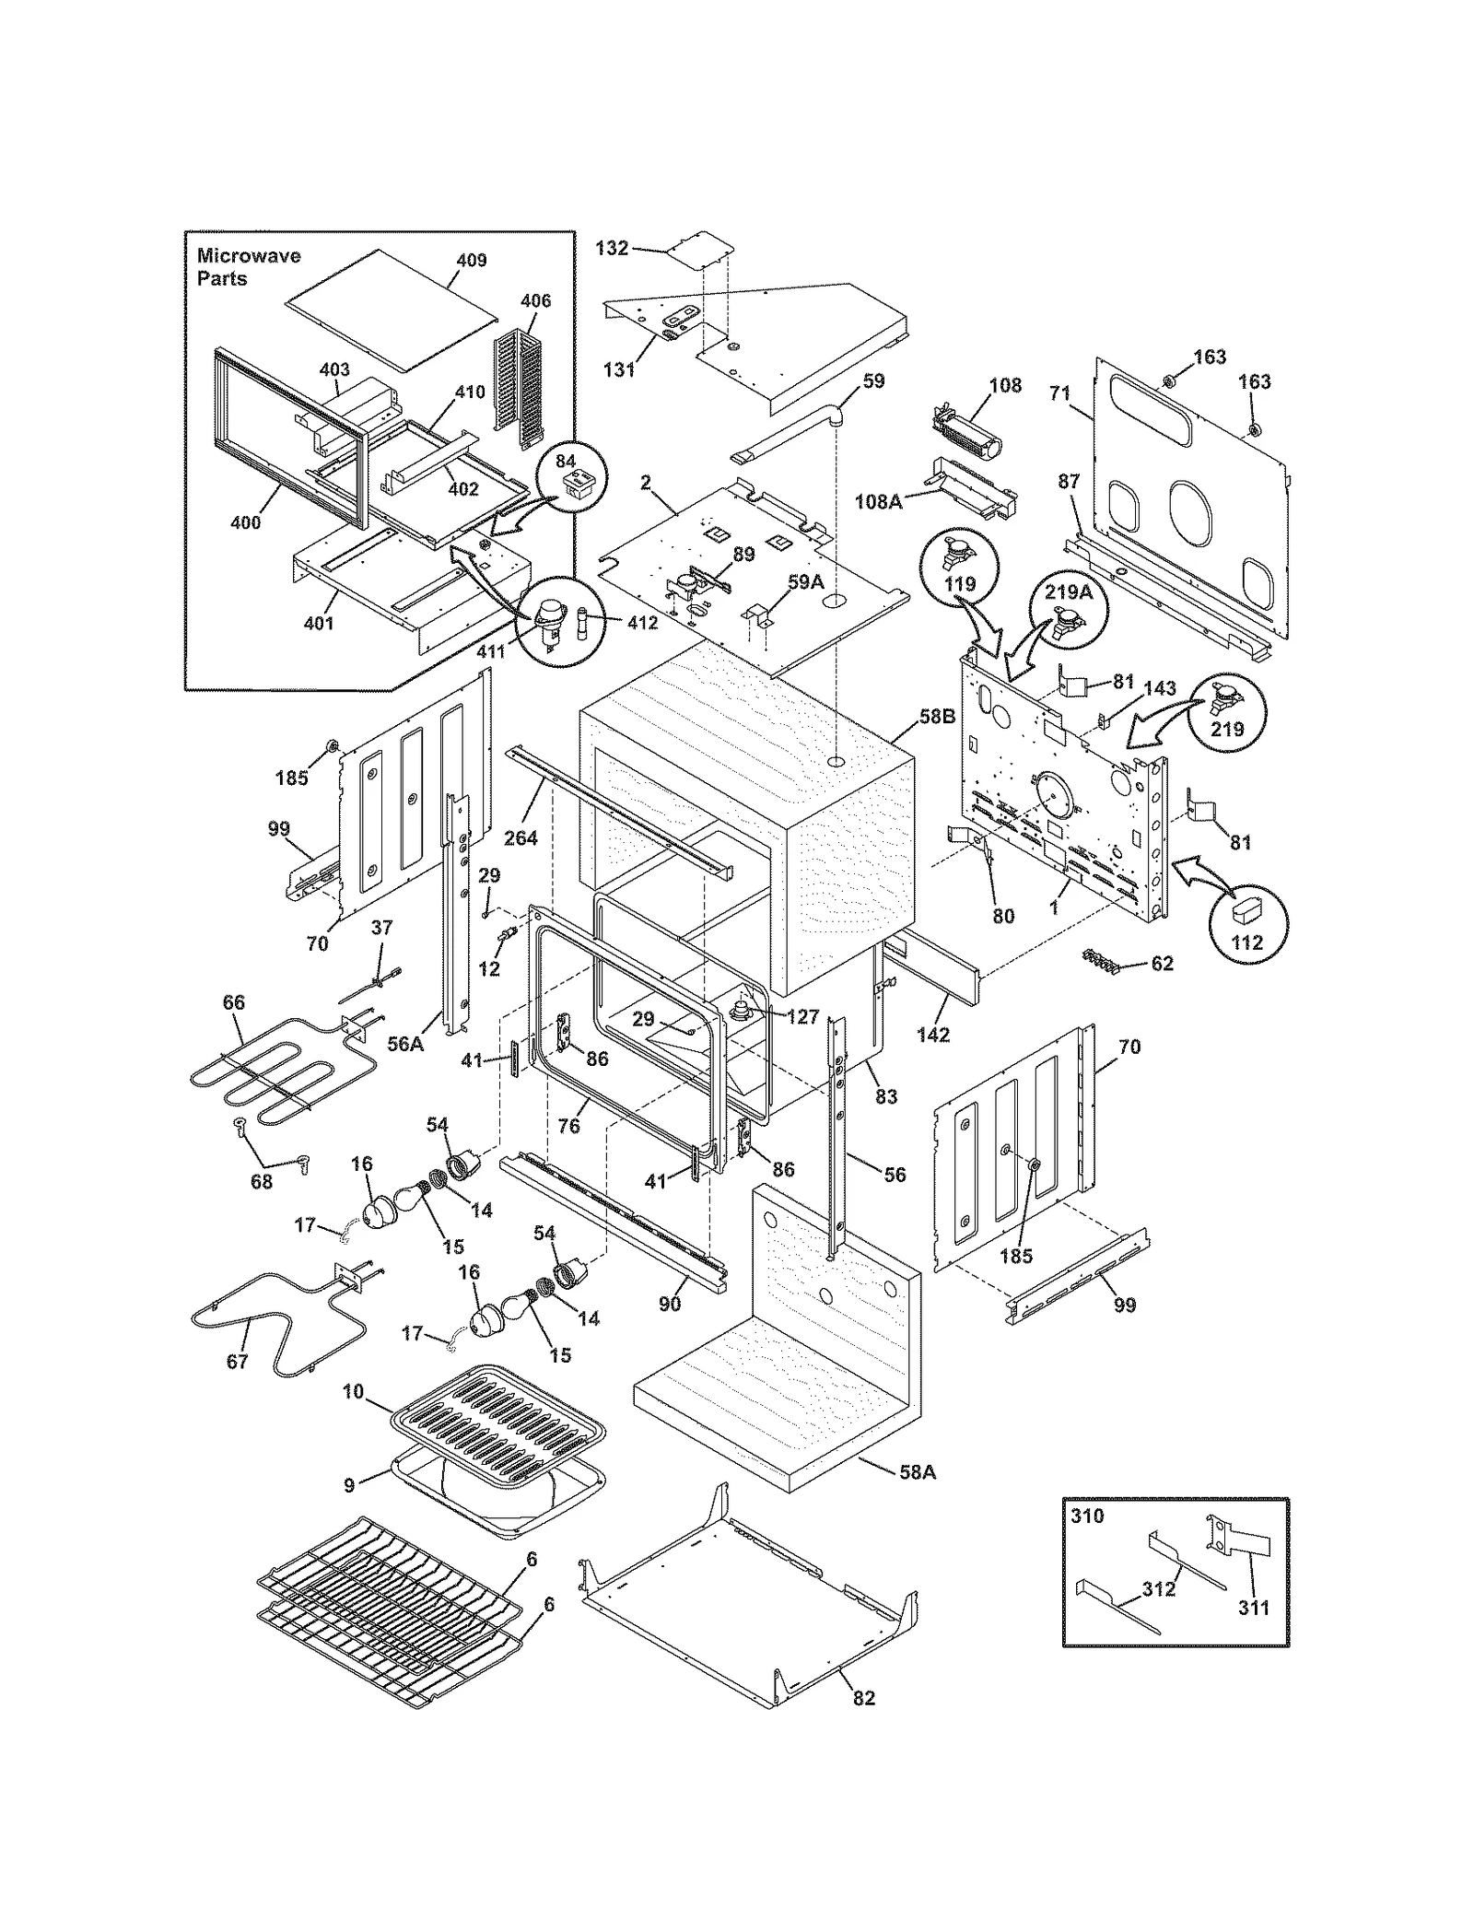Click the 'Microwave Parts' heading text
[248, 267]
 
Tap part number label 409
[471, 261]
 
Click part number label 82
[863, 1698]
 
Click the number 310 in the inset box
[1087, 1516]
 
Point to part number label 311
[1253, 1609]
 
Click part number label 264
[521, 838]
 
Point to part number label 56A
[405, 1043]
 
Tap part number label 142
[933, 1035]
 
